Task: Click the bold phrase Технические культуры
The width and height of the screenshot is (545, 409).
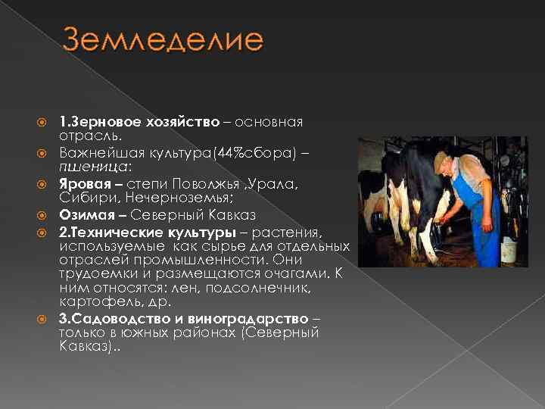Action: (x=150, y=230)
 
